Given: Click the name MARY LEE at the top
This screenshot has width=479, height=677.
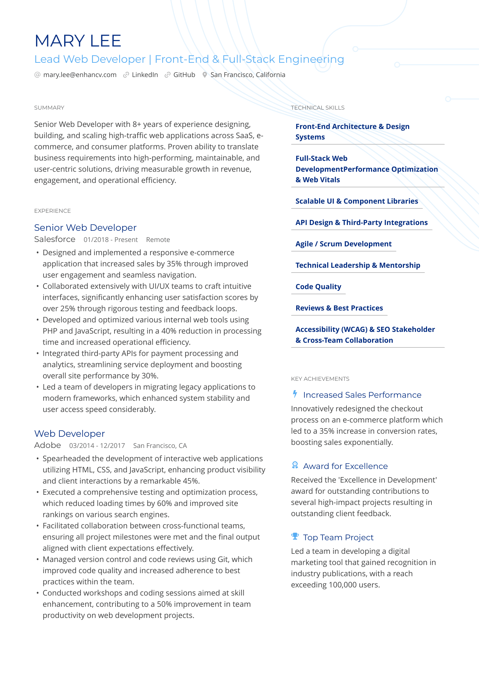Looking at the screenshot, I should tap(78, 41).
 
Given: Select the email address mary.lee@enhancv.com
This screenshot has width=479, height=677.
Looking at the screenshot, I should tap(79, 75).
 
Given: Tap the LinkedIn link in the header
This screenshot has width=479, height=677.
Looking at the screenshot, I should tap(145, 75).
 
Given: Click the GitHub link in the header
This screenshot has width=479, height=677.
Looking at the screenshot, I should tap(184, 75).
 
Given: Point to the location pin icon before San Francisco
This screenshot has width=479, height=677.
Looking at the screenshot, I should tap(205, 75).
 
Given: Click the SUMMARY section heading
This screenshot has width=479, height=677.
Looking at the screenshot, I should tap(49, 108).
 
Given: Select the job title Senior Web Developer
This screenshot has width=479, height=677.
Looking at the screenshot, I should tap(85, 227).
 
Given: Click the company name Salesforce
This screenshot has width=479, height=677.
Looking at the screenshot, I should tap(55, 239).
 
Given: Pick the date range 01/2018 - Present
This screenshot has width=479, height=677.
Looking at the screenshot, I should tap(111, 240).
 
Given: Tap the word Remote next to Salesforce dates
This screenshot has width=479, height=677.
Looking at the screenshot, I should tap(158, 240).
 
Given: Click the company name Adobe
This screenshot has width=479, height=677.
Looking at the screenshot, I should tap(48, 445).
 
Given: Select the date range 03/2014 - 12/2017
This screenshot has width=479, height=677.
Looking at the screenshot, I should tap(97, 446).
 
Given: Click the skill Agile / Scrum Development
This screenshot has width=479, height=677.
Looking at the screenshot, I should tap(343, 244).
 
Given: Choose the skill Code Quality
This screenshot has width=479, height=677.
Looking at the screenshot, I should tap(318, 287).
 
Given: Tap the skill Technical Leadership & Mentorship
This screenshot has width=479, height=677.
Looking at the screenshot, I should tap(358, 265).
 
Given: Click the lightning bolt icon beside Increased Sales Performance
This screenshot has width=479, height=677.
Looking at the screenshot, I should tap(295, 394).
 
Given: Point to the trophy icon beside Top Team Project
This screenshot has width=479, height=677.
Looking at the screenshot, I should tap(295, 536).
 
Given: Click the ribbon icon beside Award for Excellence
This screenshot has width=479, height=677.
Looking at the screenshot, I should tap(295, 465).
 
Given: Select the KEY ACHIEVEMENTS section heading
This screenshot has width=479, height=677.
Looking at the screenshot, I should tap(320, 379).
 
